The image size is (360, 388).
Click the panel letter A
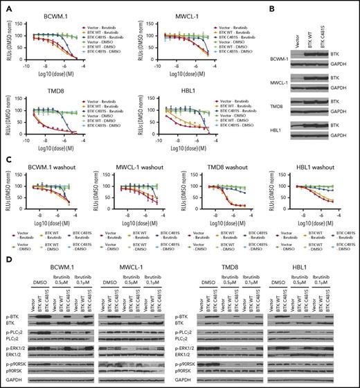5,6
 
